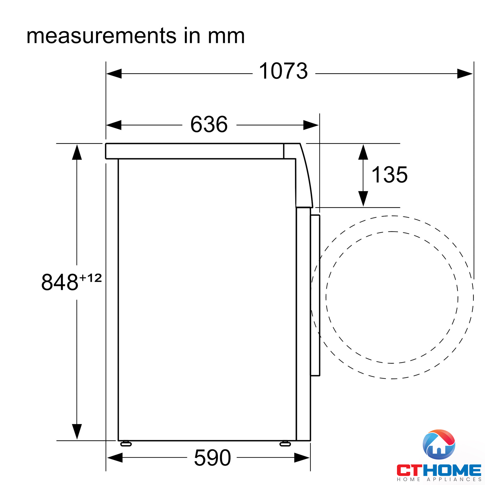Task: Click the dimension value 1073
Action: click(x=283, y=71)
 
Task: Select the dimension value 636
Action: click(x=209, y=124)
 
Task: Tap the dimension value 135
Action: click(x=389, y=175)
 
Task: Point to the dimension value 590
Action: click(x=212, y=458)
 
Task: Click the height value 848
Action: click(x=60, y=282)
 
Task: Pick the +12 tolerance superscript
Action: click(x=90, y=278)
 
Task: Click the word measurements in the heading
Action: click(x=101, y=36)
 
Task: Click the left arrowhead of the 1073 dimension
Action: click(x=114, y=73)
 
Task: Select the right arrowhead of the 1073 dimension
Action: click(x=465, y=73)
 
